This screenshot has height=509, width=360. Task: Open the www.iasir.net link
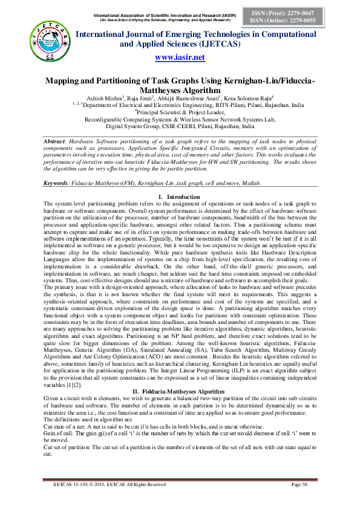tap(180, 57)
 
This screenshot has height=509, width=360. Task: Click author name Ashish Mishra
tap(106, 97)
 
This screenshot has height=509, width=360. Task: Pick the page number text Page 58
tap(301, 484)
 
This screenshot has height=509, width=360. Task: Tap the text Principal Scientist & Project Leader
tap(180, 112)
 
